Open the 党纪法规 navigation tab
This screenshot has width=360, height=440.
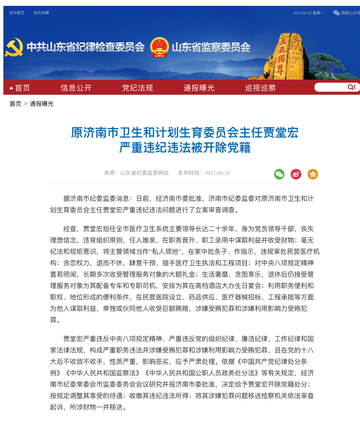142,88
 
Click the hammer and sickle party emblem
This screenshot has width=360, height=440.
13,46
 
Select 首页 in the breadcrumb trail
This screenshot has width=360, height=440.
15,103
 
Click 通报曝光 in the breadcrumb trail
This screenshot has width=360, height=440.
42,103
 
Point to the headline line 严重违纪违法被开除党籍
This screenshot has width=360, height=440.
180,147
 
